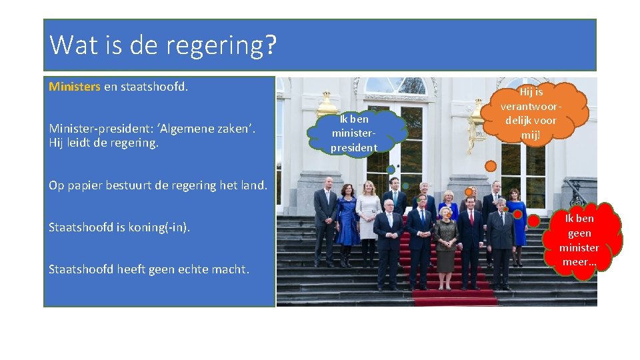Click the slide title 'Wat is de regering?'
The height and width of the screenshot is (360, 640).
tap(163, 45)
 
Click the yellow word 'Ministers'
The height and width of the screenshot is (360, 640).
tap(75, 87)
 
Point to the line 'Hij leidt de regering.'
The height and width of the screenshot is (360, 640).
tap(103, 142)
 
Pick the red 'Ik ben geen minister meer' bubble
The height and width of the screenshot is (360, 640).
tap(579, 240)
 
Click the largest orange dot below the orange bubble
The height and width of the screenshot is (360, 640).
tap(491, 165)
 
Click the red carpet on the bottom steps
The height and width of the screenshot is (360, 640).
tap(453, 296)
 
